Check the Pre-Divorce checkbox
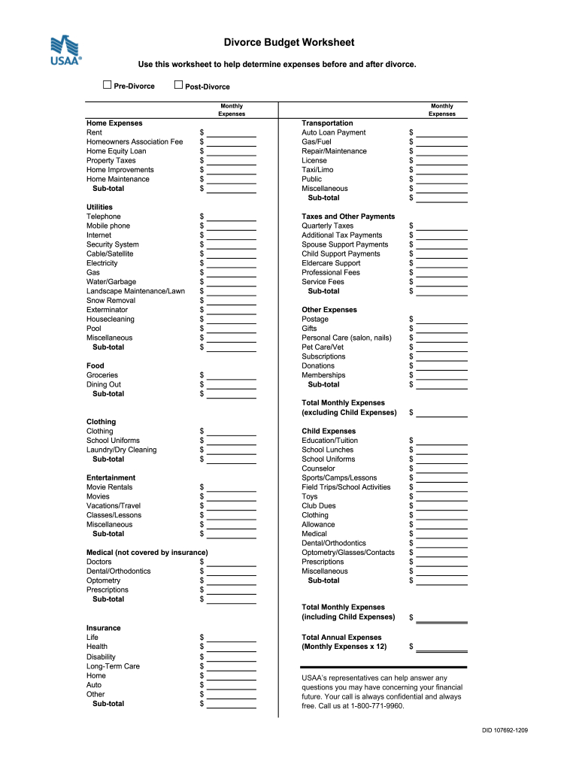pyautogui.click(x=107, y=86)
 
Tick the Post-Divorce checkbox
pyautogui.click(x=178, y=86)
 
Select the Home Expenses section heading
pyautogui.click(x=114, y=123)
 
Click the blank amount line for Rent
pyautogui.click(x=232, y=133)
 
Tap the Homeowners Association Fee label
pyautogui.click(x=135, y=141)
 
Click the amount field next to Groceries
pyautogui.click(x=232, y=376)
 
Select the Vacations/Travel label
pyautogui.click(x=114, y=506)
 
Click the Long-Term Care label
pyautogui.click(x=113, y=666)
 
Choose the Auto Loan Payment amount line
pyautogui.click(x=442, y=133)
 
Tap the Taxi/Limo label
pyautogui.click(x=317, y=170)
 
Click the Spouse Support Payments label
pyautogui.click(x=345, y=244)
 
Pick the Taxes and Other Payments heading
pyautogui.click(x=348, y=217)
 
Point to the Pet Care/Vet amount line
pyautogui.click(x=442, y=348)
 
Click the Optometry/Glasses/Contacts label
pyautogui.click(x=348, y=553)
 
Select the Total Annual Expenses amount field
pyautogui.click(x=442, y=647)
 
